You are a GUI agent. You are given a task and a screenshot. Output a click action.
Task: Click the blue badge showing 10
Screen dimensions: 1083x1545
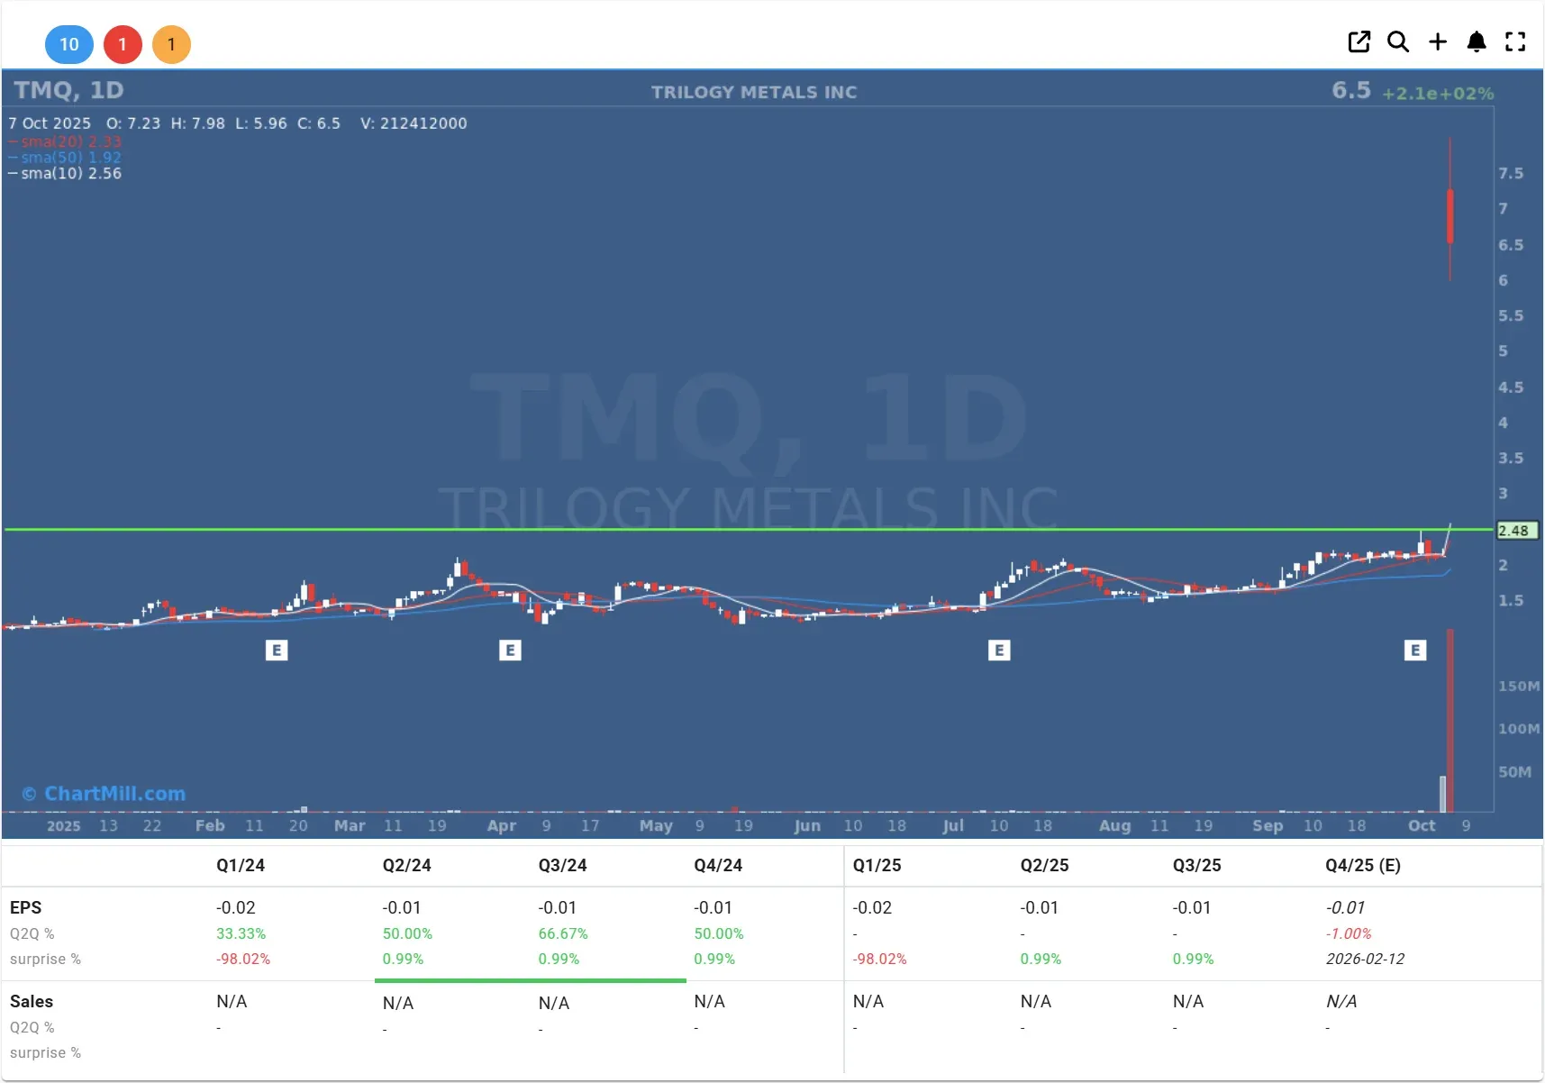point(69,44)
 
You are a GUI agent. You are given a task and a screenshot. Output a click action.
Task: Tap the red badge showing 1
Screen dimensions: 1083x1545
point(123,44)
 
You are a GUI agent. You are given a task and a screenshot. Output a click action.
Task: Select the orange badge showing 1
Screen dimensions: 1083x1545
point(171,44)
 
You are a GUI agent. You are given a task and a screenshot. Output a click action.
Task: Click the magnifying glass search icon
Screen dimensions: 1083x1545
point(1397,41)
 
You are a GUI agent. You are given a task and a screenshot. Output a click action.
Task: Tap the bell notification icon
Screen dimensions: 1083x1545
point(1477,41)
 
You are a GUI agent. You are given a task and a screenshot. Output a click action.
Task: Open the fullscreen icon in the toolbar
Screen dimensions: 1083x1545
point(1515,41)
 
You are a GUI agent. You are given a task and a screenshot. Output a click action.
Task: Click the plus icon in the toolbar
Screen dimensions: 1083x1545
point(1438,41)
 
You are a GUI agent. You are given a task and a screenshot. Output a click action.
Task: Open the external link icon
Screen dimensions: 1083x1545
point(1359,41)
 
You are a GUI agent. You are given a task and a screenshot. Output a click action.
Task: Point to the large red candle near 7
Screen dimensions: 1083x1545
point(1450,216)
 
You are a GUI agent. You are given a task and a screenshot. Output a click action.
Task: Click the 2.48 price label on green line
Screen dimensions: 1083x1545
point(1514,531)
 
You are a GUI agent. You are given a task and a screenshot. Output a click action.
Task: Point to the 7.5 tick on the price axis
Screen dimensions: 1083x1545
point(1511,173)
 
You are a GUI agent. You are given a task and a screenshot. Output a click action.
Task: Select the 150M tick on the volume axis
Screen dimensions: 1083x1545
point(1518,686)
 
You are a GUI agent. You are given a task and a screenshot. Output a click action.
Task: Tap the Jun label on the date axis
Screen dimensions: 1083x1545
point(807,825)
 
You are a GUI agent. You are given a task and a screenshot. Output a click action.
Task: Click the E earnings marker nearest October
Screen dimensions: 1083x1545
point(1415,650)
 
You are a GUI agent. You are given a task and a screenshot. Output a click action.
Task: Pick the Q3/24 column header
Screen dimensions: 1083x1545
point(562,865)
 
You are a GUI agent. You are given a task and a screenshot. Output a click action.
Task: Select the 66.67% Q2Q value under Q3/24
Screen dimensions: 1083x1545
point(563,933)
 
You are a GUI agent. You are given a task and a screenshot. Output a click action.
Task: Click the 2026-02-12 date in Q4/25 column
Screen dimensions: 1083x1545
point(1365,959)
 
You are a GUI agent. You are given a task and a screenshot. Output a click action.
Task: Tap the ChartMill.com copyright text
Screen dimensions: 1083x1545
point(105,794)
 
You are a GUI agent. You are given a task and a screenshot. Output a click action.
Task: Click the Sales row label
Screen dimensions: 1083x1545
point(32,1001)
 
